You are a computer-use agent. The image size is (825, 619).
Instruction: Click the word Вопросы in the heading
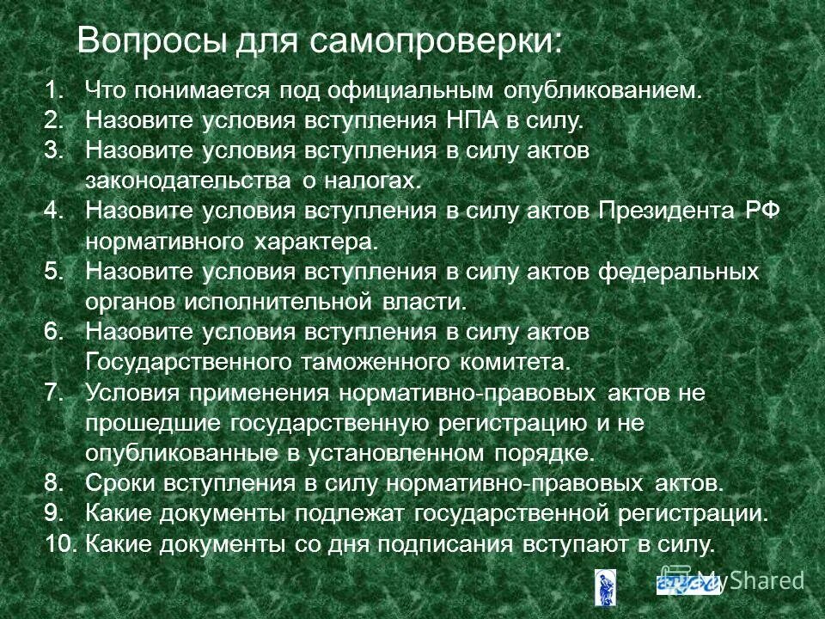pos(143,40)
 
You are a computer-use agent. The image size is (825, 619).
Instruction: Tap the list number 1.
pos(53,90)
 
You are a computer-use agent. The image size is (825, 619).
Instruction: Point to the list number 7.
pos(53,393)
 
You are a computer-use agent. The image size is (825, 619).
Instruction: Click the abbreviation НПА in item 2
pos(473,120)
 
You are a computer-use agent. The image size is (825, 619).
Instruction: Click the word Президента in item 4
pos(665,211)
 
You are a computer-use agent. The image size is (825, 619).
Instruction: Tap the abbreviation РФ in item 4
pos(761,211)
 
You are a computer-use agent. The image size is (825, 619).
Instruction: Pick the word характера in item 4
pos(315,242)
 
